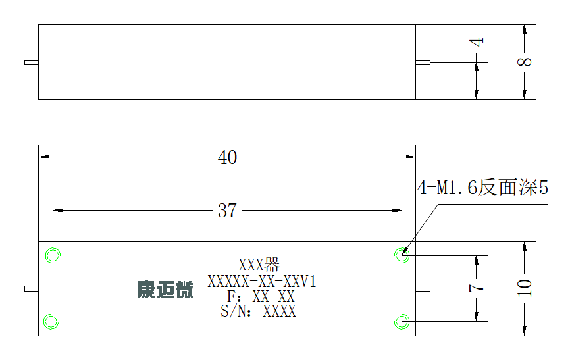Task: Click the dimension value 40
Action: (227, 157)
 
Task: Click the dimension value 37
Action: (227, 211)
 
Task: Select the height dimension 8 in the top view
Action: (524, 62)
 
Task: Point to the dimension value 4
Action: (477, 42)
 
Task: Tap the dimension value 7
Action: (477, 288)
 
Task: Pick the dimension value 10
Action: (524, 288)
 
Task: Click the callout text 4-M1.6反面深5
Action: (482, 188)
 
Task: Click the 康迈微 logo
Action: (165, 290)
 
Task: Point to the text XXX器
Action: (259, 265)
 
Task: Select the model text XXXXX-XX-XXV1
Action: (262, 282)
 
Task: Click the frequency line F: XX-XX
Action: (261, 297)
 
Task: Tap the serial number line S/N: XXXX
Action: (258, 311)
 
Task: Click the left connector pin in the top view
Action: (32, 63)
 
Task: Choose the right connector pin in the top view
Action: (423, 63)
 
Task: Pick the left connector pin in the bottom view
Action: (32, 289)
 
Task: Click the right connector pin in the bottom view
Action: (423, 289)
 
